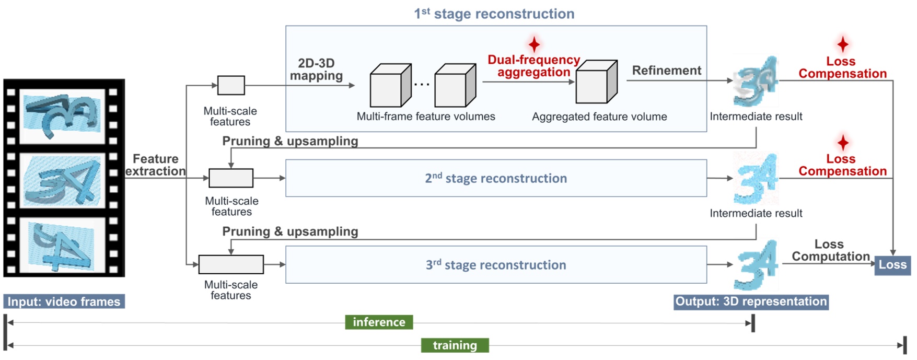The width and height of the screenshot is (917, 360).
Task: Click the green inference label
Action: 379,322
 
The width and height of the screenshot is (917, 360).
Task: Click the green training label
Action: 455,345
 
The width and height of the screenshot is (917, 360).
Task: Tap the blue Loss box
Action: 892,265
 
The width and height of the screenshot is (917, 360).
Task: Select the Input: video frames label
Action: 64,301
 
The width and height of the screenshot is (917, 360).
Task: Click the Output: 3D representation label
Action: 750,301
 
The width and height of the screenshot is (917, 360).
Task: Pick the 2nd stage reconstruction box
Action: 495,178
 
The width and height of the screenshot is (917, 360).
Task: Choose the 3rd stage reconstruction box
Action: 495,265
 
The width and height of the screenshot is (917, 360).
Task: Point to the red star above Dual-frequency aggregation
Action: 533,44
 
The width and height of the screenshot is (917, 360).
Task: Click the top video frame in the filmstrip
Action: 62,115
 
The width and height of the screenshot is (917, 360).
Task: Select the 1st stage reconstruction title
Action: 494,14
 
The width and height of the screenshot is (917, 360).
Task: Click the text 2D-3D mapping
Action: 316,69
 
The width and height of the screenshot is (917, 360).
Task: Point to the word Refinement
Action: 666,71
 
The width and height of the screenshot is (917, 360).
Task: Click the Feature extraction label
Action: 155,165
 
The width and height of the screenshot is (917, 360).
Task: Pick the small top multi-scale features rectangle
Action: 231,85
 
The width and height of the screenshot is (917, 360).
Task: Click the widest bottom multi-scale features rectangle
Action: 231,264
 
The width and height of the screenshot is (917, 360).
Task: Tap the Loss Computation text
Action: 830,250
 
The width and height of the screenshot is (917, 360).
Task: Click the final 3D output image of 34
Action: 756,265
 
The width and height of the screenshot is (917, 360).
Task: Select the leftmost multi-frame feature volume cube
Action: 390,87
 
